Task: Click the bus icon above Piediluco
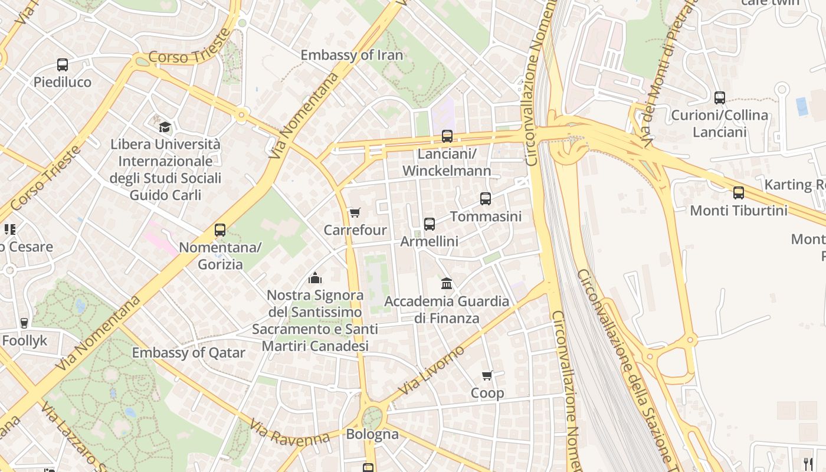[62, 65]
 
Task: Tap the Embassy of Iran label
[352, 55]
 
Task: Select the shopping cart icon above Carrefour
[355, 212]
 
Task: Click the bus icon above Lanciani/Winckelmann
[447, 136]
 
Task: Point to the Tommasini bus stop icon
[486, 199]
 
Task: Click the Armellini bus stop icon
[430, 224]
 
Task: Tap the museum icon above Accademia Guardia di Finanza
[447, 284]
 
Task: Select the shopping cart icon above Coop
[487, 375]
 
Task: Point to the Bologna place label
[372, 435]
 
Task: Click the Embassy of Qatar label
[188, 353]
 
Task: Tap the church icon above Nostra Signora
[316, 277]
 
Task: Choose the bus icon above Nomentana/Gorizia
[220, 230]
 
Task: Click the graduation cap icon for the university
[165, 127]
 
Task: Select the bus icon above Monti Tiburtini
[739, 193]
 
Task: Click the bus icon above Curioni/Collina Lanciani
[720, 98]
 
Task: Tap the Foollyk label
[24, 340]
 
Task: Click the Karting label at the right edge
[794, 185]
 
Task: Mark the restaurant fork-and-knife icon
[808, 464]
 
